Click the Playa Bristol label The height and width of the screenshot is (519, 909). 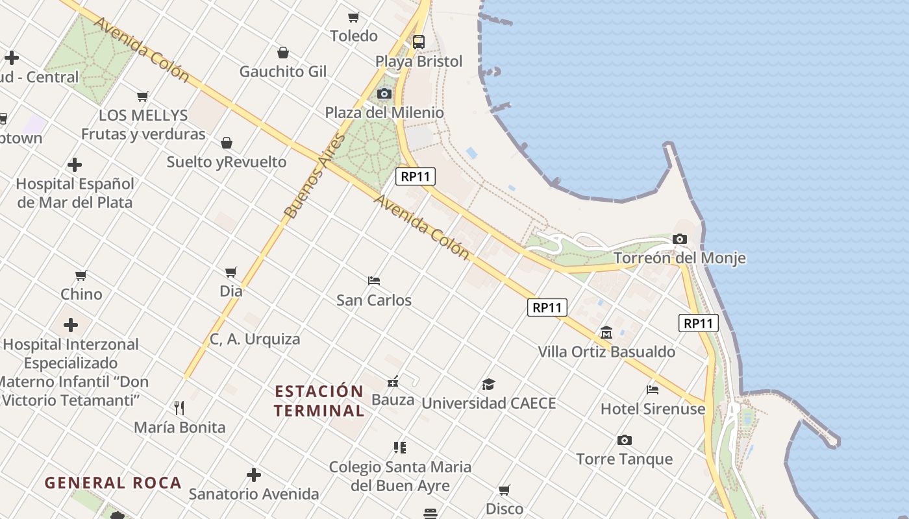pos(419,62)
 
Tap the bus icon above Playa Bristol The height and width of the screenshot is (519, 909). pos(419,42)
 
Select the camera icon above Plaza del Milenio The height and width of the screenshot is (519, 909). pos(384,94)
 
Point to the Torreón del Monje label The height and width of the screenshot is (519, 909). pos(679,258)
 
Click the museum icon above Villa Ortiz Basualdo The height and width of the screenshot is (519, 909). pos(606,333)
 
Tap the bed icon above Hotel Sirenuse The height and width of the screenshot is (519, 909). pos(653,389)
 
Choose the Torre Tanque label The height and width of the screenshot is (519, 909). pos(624,459)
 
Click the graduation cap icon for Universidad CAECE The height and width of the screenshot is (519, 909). pos(488,385)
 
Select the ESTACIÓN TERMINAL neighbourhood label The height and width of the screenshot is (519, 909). pos(319,401)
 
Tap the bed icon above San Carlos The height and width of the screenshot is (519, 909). pos(374,281)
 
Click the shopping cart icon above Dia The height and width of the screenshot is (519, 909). pos(231,272)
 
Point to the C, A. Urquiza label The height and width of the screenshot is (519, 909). pos(255,339)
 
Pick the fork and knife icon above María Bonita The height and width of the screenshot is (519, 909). pos(179,407)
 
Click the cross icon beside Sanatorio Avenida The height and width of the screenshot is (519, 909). pos(254,475)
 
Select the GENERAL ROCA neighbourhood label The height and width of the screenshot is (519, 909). pos(113,483)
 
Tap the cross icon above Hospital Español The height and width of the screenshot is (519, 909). pos(75,165)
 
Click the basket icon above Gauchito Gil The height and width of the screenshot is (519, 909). pos(283,53)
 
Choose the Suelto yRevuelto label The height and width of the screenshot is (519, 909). pos(227,162)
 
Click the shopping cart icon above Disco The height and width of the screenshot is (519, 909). pos(504,490)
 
